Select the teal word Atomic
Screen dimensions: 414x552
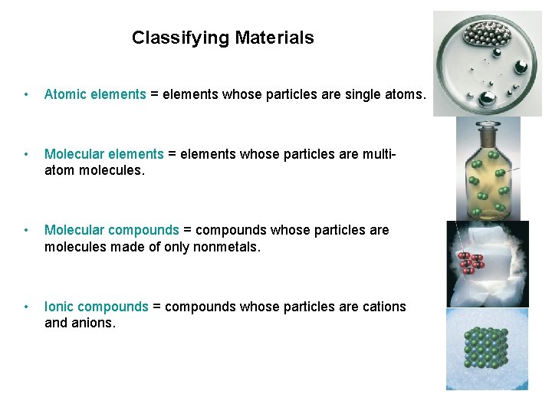coord(65,94)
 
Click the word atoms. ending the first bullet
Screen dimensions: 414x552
coord(405,94)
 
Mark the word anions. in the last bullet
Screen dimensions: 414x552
coord(93,323)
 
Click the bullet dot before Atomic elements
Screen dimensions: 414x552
coord(27,95)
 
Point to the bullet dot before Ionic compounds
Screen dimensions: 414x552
coord(27,307)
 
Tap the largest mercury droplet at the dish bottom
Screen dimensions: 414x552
coord(488,98)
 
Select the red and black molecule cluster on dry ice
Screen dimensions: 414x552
coord(469,262)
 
